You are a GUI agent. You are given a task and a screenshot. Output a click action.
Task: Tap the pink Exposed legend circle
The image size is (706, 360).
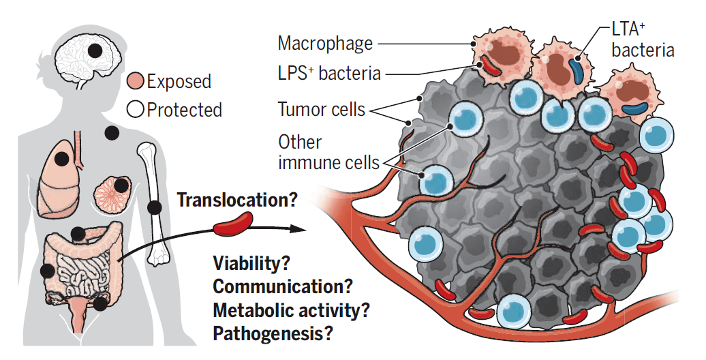(136, 82)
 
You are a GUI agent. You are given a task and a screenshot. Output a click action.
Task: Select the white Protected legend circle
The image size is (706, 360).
(136, 110)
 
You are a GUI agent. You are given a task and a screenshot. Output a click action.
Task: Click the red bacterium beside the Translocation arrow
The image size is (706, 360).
(234, 223)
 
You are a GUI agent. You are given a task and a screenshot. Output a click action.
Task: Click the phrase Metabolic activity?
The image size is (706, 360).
(291, 310)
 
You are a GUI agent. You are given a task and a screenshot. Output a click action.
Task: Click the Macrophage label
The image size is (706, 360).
(325, 44)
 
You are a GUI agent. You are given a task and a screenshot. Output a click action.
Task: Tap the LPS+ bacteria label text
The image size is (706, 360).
(328, 74)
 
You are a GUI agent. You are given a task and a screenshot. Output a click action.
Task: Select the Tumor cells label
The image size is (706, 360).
(321, 108)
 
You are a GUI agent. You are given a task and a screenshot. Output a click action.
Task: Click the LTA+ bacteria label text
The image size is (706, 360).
(643, 40)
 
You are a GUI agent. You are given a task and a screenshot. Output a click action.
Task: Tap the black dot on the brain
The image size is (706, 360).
(96, 50)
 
